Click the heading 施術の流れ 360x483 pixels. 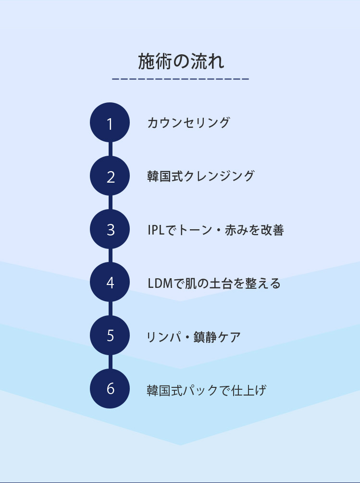[x=181, y=62]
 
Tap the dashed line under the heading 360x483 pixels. [x=180, y=79]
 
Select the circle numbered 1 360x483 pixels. [x=110, y=123]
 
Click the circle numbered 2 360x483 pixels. [x=110, y=176]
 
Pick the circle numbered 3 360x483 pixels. [x=110, y=229]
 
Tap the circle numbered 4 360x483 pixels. [x=110, y=282]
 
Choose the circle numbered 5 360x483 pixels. [x=110, y=335]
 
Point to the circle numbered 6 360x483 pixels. [x=110, y=389]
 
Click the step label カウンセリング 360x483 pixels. [x=188, y=123]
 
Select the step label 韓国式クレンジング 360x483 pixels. [x=200, y=176]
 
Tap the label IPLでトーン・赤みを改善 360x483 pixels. [x=216, y=230]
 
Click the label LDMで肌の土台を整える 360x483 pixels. [x=214, y=283]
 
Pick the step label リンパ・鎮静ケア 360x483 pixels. [x=193, y=337]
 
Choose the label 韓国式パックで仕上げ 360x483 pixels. [x=206, y=390]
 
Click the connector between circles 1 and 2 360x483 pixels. [x=110, y=149]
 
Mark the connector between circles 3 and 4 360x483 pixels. [x=110, y=256]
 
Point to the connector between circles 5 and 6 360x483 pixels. [x=110, y=362]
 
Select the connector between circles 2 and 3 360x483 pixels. [x=110, y=202]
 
